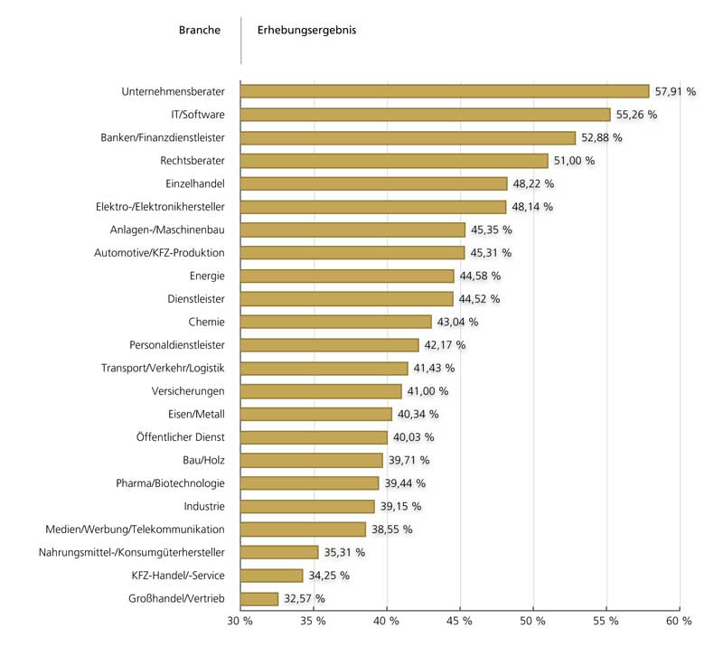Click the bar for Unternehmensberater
pos(445,91)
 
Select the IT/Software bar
pos(425,115)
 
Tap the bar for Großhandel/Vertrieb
pos(259,598)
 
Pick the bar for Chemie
pos(336,322)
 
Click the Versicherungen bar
pos(321,391)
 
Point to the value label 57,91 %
pos(675,91)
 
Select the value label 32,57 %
pos(304,598)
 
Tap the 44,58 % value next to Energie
pos(479,276)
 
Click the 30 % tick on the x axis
pos(239,622)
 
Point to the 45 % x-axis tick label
pos(459,622)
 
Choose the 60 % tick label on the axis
pos(679,622)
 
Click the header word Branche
pos(200,30)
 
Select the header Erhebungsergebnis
pos(306,30)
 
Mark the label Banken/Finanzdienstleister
pos(163,137)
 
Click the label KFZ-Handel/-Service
pos(173,576)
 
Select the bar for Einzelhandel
pos(373,183)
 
